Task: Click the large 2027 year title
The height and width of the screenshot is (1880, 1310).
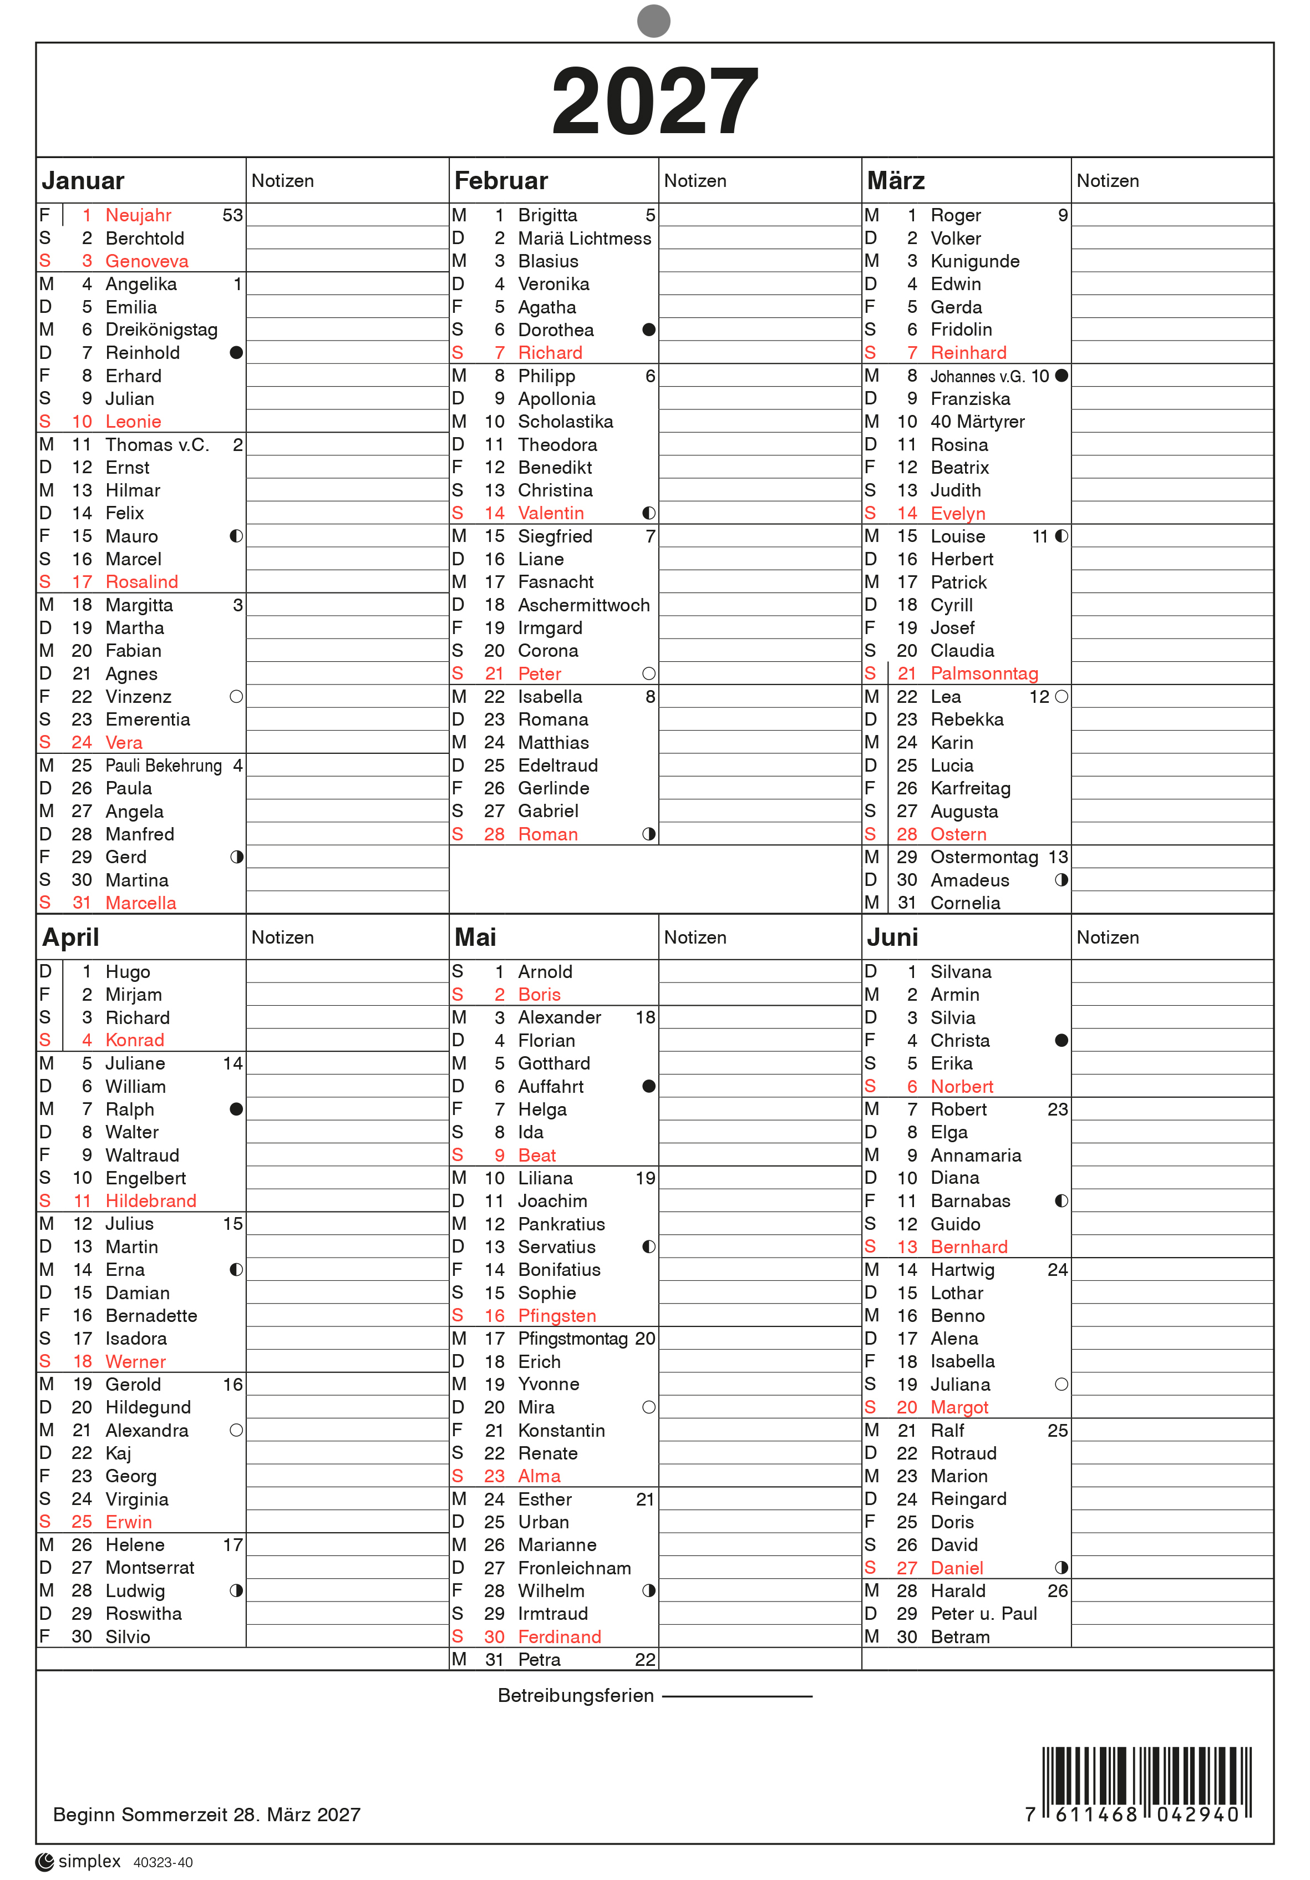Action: pos(654,102)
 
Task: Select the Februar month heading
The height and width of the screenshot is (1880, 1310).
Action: pos(500,181)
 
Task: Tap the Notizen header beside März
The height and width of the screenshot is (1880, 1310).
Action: pos(1107,181)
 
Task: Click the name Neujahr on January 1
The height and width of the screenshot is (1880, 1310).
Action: pos(138,215)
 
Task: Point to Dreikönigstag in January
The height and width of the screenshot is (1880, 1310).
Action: pos(161,330)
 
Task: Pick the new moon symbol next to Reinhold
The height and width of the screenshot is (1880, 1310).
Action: pos(237,353)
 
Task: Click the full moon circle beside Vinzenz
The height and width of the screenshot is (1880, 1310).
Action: pos(237,697)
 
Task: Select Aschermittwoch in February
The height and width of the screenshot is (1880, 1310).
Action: pos(584,605)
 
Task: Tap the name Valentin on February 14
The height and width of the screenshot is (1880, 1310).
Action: pos(551,513)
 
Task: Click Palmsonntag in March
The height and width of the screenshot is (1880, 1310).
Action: pos(984,674)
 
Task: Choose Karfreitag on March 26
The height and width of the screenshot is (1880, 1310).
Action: pos(970,788)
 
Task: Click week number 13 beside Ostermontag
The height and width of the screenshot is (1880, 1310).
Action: pos(1058,857)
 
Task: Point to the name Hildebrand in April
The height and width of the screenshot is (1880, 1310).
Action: pos(151,1201)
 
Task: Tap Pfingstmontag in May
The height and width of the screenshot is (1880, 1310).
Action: pos(572,1339)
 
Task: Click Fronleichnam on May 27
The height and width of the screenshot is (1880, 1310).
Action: pos(574,1568)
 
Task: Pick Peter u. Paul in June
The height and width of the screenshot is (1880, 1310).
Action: pos(983,1614)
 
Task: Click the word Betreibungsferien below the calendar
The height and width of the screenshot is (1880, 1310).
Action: pos(576,1696)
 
